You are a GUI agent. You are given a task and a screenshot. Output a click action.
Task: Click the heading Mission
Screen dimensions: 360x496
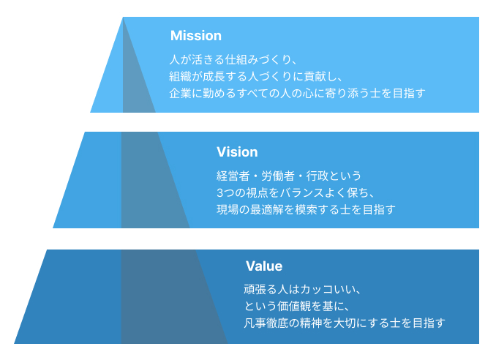195,36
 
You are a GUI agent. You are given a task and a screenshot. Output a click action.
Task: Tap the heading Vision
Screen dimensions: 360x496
237,152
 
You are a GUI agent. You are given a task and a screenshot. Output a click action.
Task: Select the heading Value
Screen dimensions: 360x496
263,266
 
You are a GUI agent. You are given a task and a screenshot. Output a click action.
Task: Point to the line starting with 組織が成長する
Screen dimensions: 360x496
256,75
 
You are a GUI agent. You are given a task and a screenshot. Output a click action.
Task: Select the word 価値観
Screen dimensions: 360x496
306,306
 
